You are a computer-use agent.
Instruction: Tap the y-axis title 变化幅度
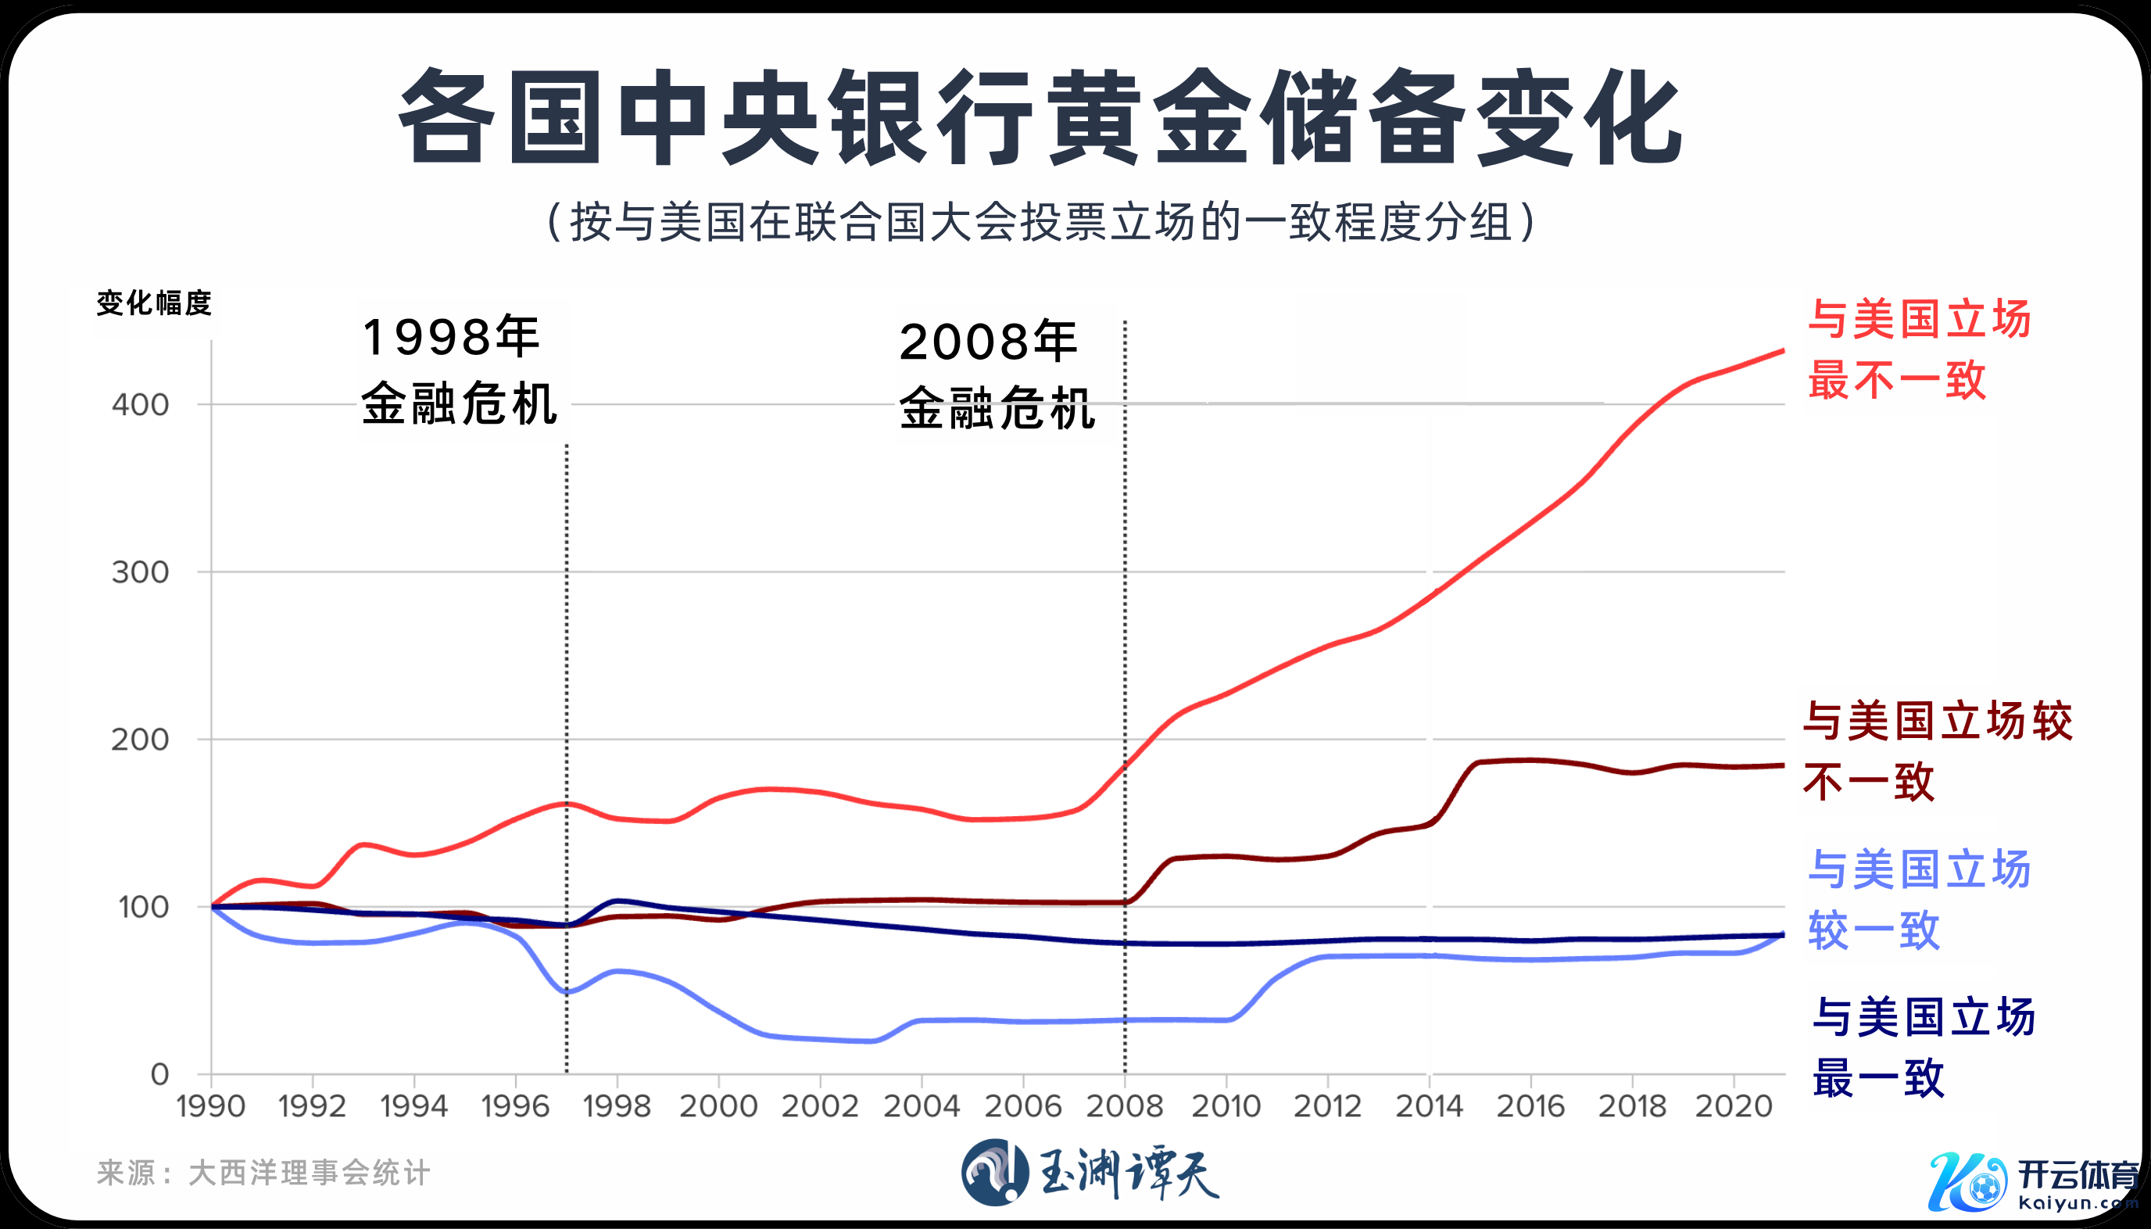click(x=153, y=303)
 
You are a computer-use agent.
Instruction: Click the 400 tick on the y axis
click(x=140, y=404)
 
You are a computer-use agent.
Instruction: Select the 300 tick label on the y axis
click(x=140, y=572)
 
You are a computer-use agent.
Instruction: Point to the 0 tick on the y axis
click(x=159, y=1074)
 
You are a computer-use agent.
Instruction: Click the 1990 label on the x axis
click(x=211, y=1105)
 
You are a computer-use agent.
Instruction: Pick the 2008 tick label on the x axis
click(x=1124, y=1105)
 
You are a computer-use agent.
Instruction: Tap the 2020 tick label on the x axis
click(x=1734, y=1105)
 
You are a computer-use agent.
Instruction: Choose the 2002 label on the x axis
click(x=819, y=1105)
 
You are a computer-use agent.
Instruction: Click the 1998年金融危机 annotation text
click(x=459, y=370)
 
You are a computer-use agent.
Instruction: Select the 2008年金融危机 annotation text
click(x=996, y=374)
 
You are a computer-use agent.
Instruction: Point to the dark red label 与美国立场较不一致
click(x=1937, y=751)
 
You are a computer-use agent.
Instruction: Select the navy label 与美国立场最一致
click(x=1922, y=1048)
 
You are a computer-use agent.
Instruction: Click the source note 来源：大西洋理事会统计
click(x=263, y=1173)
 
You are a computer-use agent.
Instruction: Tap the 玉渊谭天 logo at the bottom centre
click(x=1090, y=1173)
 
